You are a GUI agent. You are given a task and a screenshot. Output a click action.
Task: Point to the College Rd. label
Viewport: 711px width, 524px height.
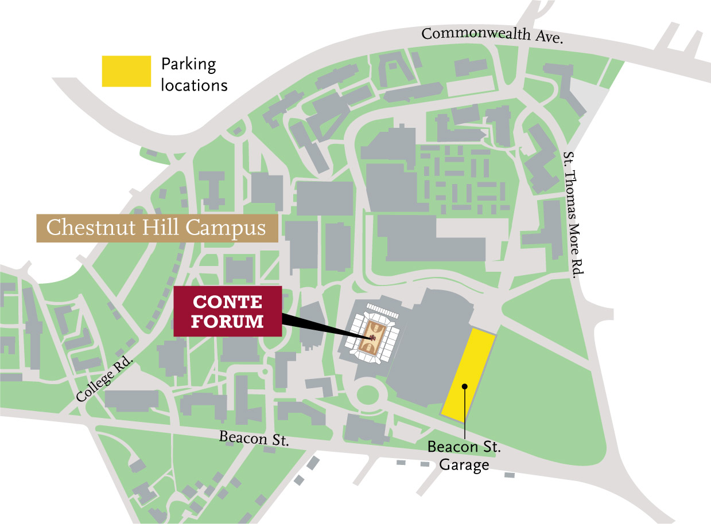[x=104, y=380]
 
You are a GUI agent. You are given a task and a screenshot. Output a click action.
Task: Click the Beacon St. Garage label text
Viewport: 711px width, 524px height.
[x=464, y=455]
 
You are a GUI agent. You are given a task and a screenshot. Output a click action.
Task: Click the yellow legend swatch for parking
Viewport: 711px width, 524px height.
[x=126, y=71]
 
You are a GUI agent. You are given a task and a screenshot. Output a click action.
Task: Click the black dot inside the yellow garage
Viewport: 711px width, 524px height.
[x=464, y=386]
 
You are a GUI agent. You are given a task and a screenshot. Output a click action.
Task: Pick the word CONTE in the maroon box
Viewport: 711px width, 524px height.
[x=227, y=302]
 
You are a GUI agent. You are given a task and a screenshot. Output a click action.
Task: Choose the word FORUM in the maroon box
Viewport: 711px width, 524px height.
[x=227, y=321]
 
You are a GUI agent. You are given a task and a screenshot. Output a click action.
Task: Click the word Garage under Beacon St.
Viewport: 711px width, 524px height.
[x=464, y=464]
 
